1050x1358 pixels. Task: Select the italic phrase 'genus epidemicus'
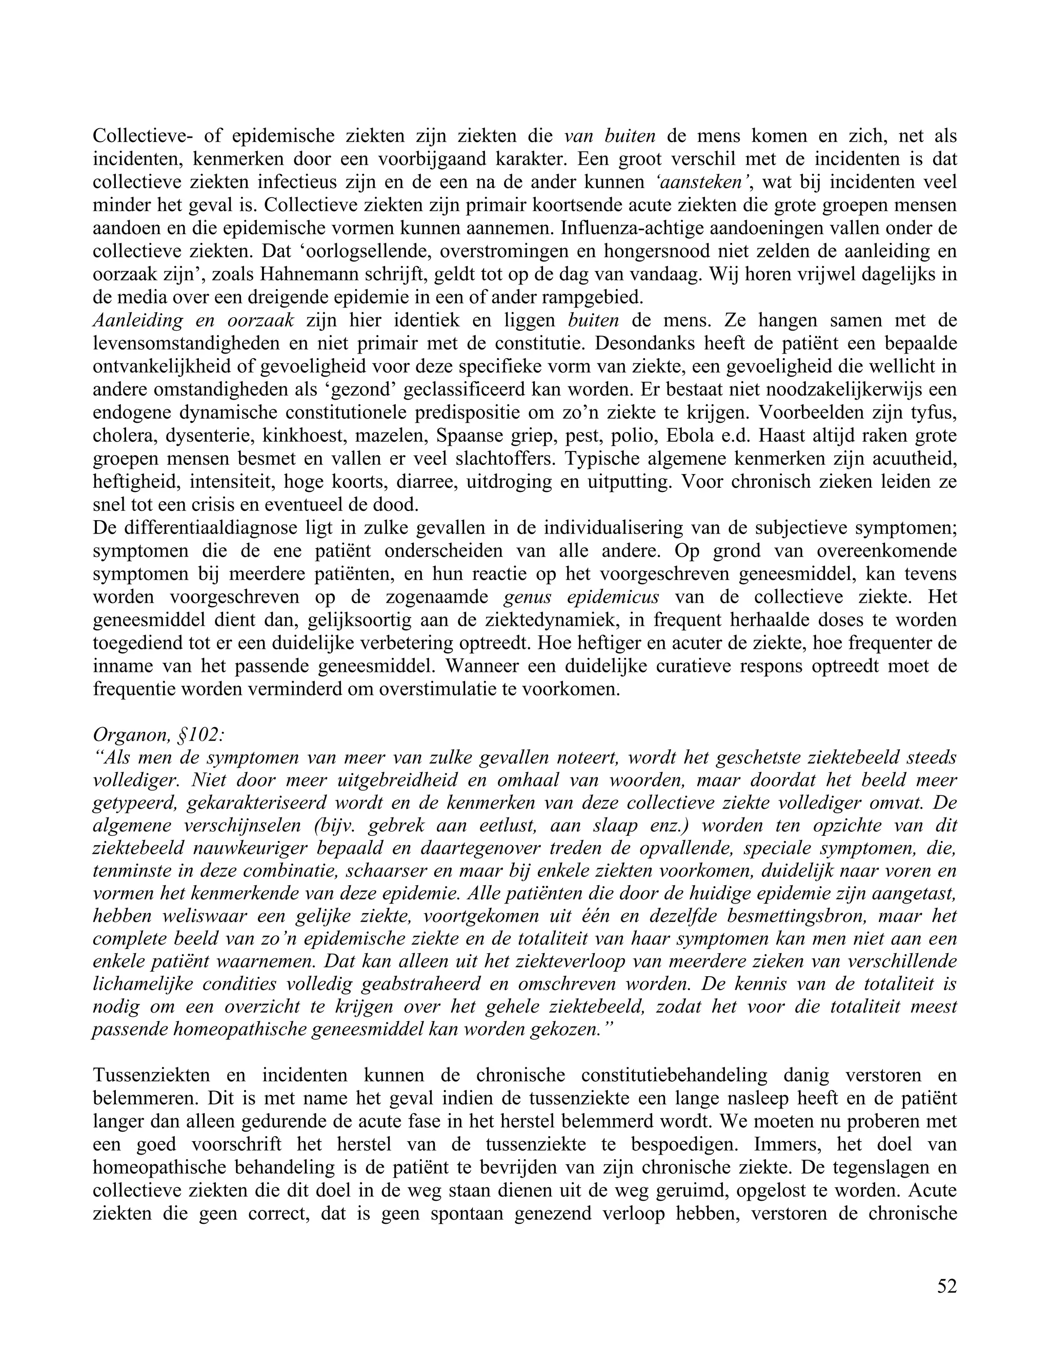pos(581,597)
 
